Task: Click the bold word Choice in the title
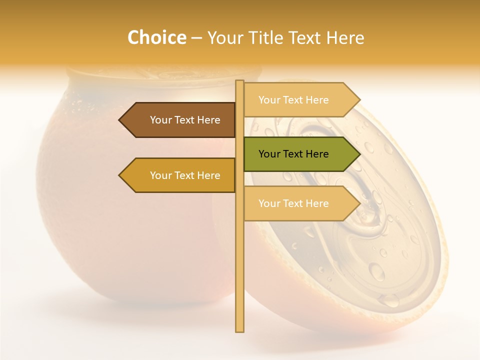pos(156,38)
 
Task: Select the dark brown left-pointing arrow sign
pos(180,120)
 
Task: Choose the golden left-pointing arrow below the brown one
pos(180,175)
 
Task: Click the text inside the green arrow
pos(293,154)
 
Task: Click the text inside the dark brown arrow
pos(185,120)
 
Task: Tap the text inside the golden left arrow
pos(185,175)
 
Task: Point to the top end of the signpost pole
pos(239,82)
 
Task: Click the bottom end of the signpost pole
pos(239,330)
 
